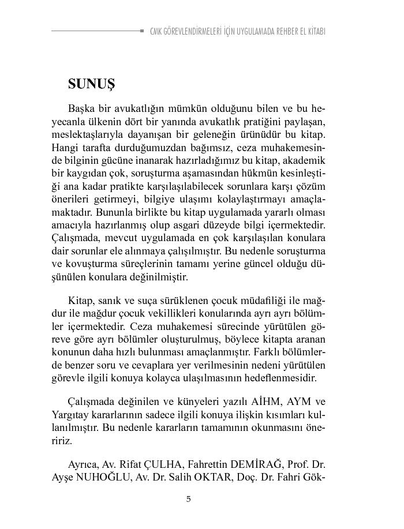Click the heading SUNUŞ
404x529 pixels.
point(91,84)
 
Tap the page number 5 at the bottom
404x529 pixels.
point(188,499)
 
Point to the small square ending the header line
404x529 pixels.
point(142,31)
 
